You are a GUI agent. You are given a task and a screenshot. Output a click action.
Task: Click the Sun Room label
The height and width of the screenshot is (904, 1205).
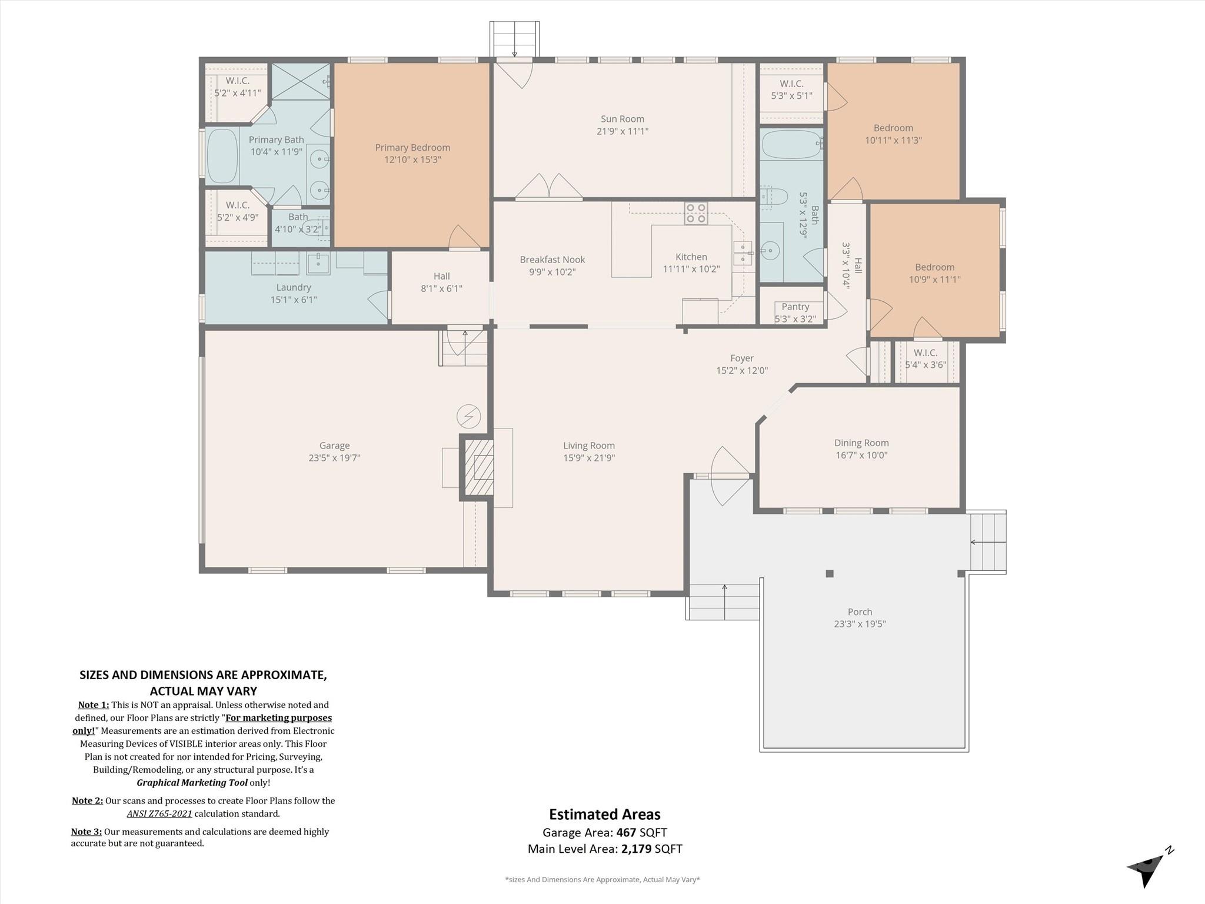coord(622,119)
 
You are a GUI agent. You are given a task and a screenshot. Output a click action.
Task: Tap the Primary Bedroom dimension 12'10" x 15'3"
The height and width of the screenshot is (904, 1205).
coord(412,159)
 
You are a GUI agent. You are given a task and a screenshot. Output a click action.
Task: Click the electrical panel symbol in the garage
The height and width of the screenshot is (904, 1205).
coord(468,417)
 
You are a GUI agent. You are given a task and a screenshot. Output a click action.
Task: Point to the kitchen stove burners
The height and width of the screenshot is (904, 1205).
coord(695,213)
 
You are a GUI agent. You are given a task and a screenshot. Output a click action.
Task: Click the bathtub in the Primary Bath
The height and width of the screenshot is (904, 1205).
coord(222,156)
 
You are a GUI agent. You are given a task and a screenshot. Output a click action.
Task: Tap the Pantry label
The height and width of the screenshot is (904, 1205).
coord(795,307)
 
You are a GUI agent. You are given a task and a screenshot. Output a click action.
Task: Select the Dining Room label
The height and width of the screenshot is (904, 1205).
coord(861,443)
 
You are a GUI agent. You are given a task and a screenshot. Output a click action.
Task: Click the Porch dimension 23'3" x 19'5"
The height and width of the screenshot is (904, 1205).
coord(859,624)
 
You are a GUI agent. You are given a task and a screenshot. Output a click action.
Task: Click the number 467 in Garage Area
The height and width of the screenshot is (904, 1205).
coord(626,832)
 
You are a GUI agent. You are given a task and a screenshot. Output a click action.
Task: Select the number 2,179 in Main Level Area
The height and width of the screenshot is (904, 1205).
coord(636,849)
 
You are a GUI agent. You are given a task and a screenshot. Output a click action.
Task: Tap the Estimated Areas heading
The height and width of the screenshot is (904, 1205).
coord(604,815)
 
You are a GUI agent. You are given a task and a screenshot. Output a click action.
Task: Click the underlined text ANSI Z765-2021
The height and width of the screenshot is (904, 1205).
coord(159,813)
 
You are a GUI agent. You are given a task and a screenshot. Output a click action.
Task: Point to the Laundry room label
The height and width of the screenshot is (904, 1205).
coord(293,287)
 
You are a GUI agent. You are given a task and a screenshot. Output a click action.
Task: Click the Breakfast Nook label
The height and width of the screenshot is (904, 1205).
coord(552,260)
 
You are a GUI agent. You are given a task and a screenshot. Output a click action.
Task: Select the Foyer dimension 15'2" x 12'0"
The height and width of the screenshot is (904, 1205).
coord(741,370)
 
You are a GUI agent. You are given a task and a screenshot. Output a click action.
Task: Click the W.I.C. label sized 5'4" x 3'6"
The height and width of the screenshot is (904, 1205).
coord(925,353)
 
